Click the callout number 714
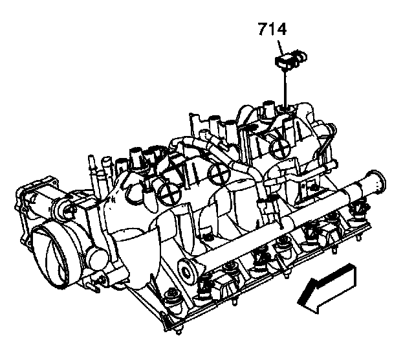pos(272,29)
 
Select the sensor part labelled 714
pos(290,60)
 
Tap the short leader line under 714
pos(281,47)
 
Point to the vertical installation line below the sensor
pos(285,88)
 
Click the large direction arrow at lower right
pos(327,289)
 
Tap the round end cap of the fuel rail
pos(187,271)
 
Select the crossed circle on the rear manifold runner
pos(280,148)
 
